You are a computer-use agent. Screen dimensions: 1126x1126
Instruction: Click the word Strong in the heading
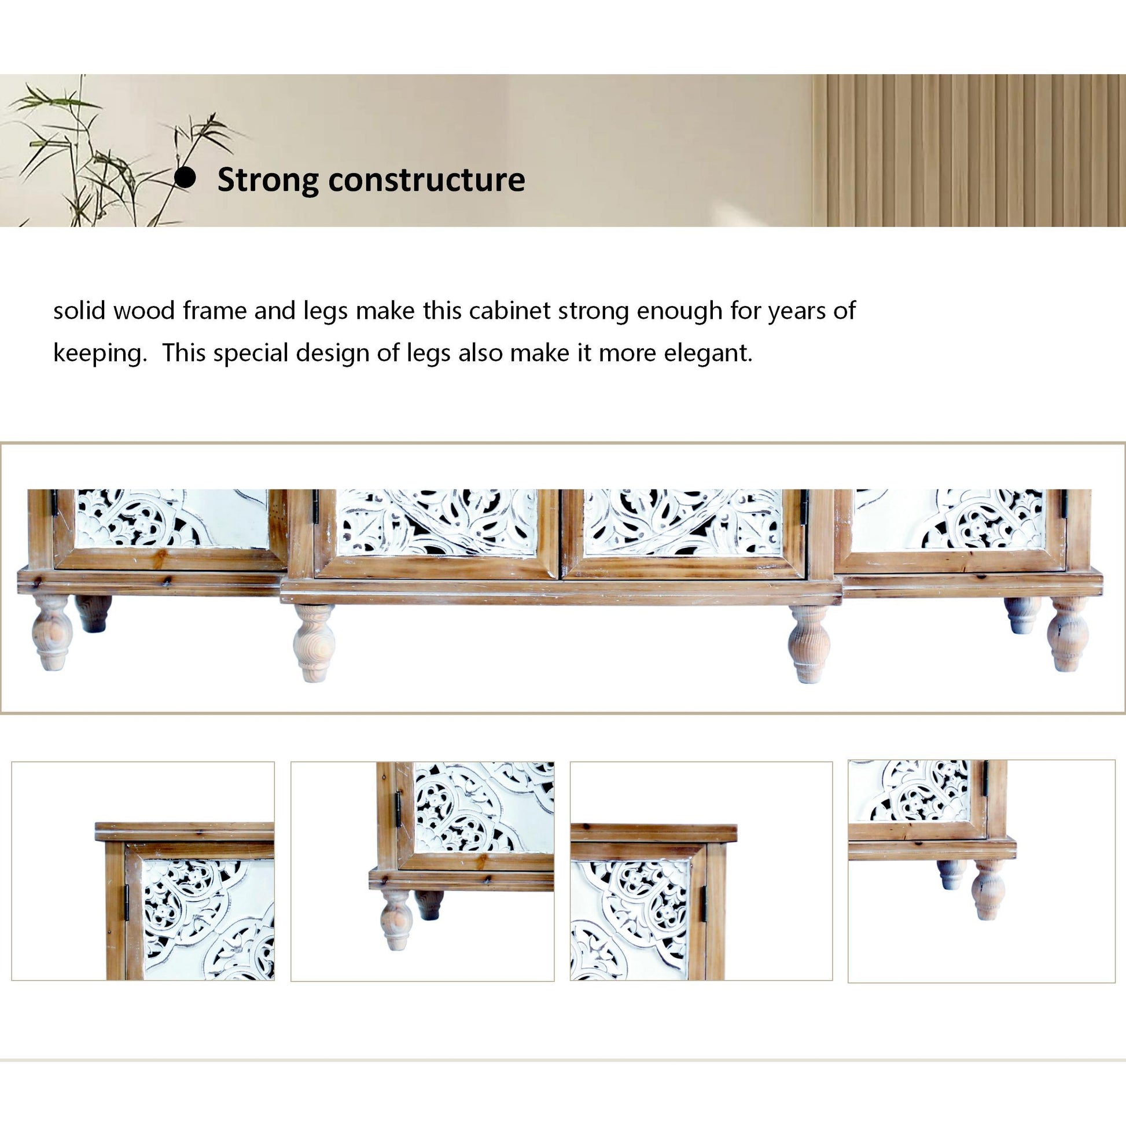tap(267, 180)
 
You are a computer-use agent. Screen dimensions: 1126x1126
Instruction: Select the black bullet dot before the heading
tap(185, 178)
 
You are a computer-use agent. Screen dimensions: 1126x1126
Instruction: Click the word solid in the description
tap(79, 311)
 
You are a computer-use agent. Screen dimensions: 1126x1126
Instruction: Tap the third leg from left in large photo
tap(808, 643)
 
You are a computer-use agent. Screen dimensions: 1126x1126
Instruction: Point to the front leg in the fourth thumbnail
tap(988, 889)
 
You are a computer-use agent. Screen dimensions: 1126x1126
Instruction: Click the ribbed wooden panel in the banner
tap(967, 150)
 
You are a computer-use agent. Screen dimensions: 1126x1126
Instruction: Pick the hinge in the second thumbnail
tap(399, 808)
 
